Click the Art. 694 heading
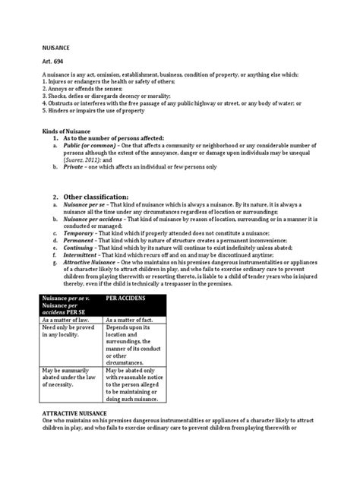point(52,60)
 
